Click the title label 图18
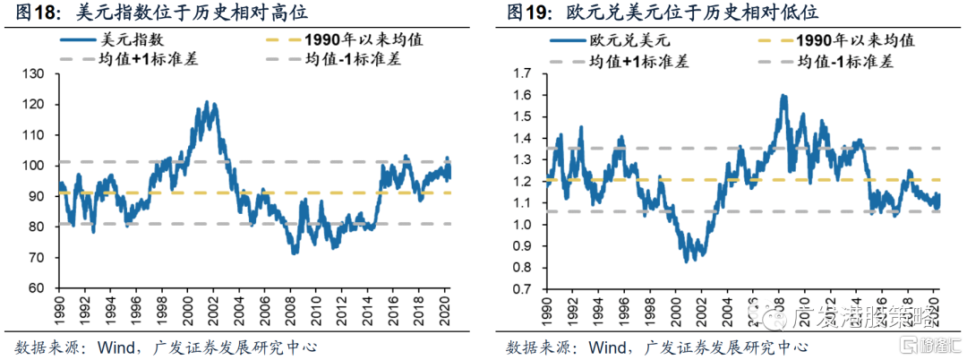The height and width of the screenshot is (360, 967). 33,13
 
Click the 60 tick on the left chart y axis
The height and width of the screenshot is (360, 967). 38,288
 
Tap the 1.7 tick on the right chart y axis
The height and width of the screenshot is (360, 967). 523,73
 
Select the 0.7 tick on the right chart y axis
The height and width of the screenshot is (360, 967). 523,288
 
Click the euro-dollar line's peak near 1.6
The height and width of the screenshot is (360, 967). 784,95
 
